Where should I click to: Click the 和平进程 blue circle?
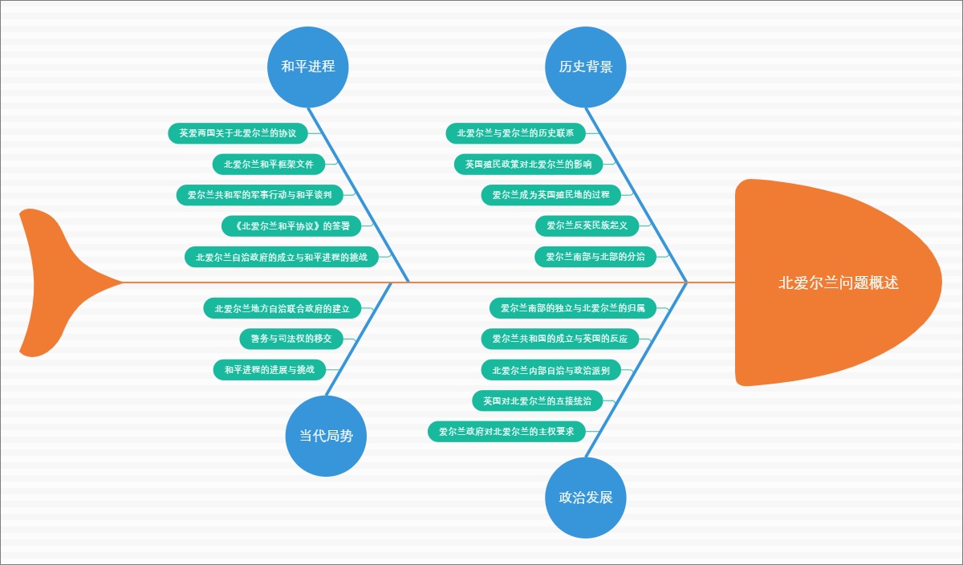click(x=308, y=67)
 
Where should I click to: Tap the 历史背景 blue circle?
click(x=586, y=67)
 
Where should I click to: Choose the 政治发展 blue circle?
click(x=586, y=497)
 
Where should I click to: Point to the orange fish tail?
click(x=56, y=282)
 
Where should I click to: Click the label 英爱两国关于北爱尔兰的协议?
click(x=238, y=133)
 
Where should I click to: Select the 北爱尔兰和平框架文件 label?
click(x=269, y=165)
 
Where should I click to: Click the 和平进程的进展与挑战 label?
click(x=269, y=370)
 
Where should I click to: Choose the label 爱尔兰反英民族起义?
click(x=587, y=226)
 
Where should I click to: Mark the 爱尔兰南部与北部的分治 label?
click(x=595, y=257)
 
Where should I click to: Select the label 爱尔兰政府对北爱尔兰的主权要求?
click(x=506, y=432)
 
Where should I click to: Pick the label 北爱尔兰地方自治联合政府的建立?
click(x=282, y=308)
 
